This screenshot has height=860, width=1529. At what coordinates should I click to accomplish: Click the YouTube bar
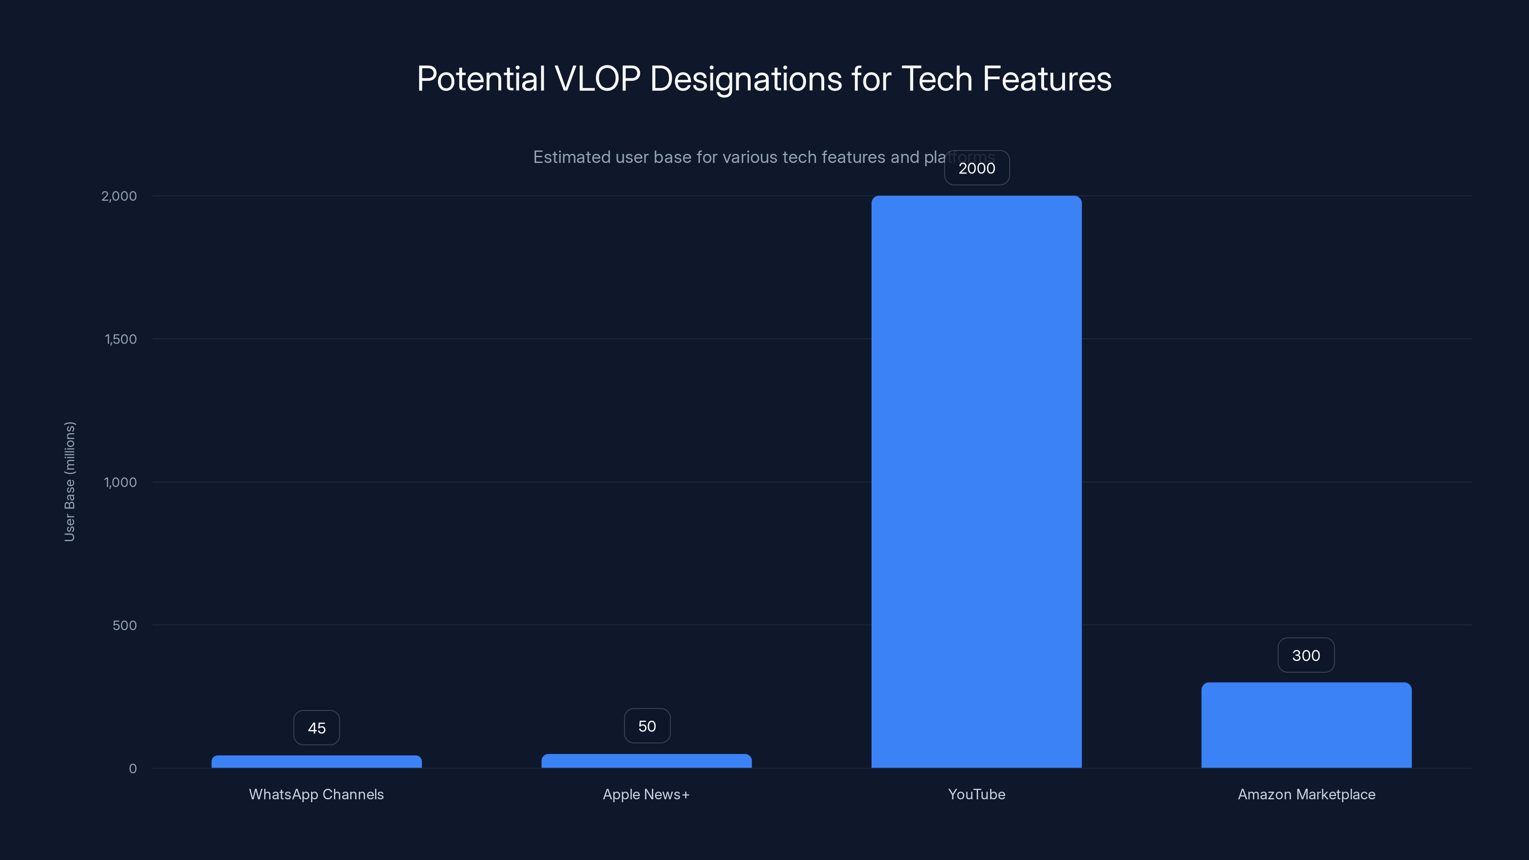(976, 481)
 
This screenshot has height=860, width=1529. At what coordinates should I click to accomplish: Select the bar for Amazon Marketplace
(1306, 725)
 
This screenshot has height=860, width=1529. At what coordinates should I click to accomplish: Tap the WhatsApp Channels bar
(316, 762)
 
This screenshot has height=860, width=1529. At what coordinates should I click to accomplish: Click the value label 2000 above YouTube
(976, 168)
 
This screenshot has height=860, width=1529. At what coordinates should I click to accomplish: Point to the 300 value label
(1306, 655)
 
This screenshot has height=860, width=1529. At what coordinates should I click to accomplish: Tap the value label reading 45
(316, 728)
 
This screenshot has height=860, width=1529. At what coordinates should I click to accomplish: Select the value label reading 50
(647, 726)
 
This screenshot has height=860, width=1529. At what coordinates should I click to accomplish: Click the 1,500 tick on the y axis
(120, 339)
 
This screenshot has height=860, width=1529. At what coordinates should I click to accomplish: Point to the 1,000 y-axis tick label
(120, 482)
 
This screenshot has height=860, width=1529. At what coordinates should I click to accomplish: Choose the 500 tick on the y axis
(125, 625)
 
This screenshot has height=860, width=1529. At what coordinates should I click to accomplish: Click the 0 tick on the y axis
(132, 769)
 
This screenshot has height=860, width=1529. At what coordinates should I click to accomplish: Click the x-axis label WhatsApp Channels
(316, 794)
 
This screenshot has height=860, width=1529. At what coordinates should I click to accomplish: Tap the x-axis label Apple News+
(646, 794)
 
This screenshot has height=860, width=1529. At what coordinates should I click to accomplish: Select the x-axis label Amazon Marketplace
(1306, 794)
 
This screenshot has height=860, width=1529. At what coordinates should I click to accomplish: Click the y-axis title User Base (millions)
(69, 481)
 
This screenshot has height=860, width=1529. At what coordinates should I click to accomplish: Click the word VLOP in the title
(597, 79)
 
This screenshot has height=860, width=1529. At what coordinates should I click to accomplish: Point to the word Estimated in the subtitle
(571, 157)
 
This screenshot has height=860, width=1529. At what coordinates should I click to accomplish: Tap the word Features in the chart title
(1046, 79)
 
